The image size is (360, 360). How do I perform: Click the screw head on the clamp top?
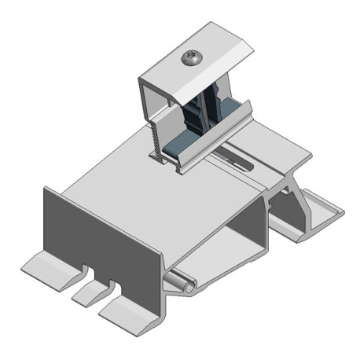coord(191,57)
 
